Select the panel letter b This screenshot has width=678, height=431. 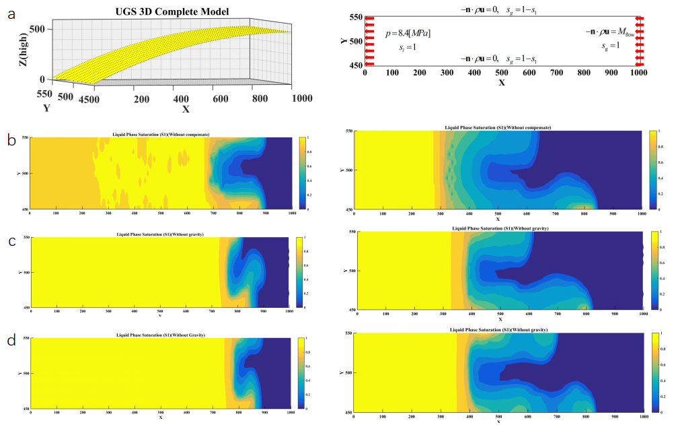pos(11,141)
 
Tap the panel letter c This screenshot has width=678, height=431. pos(11,242)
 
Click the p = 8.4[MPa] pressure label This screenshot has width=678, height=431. pos(408,33)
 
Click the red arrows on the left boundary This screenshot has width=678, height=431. pos(369,40)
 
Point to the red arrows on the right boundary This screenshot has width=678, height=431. pos(640,40)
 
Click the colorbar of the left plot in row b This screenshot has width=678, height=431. pos(301,173)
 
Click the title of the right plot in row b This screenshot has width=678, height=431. pos(498,127)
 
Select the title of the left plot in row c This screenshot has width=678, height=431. pos(159,234)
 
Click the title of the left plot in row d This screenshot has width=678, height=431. pos(161,335)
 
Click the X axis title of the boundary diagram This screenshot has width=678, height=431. pos(502,82)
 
